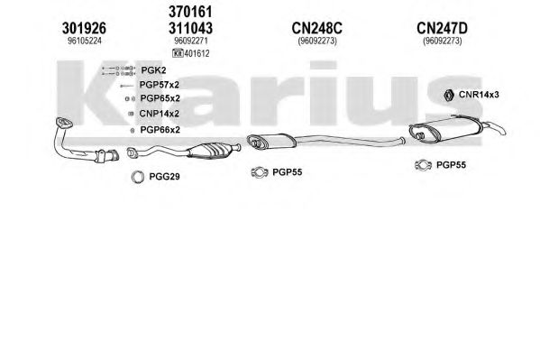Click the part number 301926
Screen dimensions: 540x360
84,28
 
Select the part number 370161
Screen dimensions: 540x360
190,12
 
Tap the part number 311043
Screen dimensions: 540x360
190,28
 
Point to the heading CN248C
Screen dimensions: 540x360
316,28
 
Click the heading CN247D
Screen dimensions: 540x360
443,28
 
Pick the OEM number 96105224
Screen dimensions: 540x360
85,41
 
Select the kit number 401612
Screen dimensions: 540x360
197,53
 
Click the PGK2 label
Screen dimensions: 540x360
153,70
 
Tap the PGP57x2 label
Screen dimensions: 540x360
159,85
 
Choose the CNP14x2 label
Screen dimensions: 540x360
159,114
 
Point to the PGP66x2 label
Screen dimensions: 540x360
160,130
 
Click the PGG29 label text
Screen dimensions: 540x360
164,177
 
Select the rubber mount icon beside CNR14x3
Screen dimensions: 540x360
448,96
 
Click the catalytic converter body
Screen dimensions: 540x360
207,151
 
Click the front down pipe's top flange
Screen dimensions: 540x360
64,123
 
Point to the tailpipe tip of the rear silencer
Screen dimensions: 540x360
501,130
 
